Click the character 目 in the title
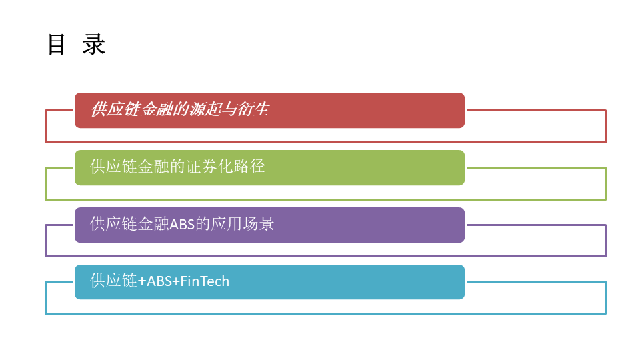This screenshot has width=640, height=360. click(56, 45)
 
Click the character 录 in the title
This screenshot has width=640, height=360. click(94, 45)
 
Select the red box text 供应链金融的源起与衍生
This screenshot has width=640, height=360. click(179, 109)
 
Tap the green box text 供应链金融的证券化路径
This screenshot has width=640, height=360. click(177, 167)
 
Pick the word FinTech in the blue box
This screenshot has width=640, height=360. click(205, 281)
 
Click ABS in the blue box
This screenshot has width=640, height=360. click(159, 281)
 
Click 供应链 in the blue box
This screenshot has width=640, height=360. click(113, 281)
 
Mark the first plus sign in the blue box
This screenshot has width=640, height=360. click(142, 281)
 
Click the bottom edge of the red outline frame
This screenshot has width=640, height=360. click(325, 142)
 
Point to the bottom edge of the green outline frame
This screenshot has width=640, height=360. click(325, 199)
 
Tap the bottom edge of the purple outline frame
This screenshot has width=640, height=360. click(325, 256)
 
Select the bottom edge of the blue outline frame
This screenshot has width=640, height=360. click(325, 313)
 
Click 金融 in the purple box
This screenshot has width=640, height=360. click(153, 224)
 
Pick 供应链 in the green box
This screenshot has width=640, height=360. click(113, 167)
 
